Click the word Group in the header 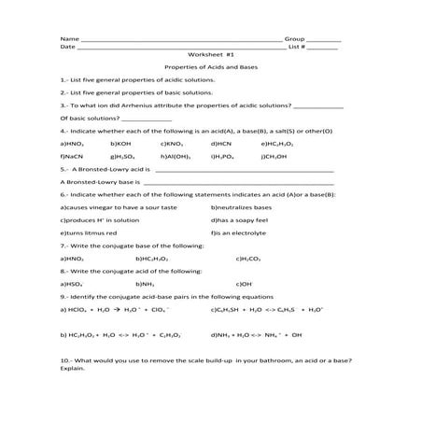tap(295, 37)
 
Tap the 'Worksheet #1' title tap(210, 54)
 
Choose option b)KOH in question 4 tap(121, 145)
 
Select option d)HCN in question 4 tap(222, 145)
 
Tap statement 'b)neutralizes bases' tap(241, 206)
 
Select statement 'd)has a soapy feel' tap(240, 218)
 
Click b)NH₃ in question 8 tap(145, 282)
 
